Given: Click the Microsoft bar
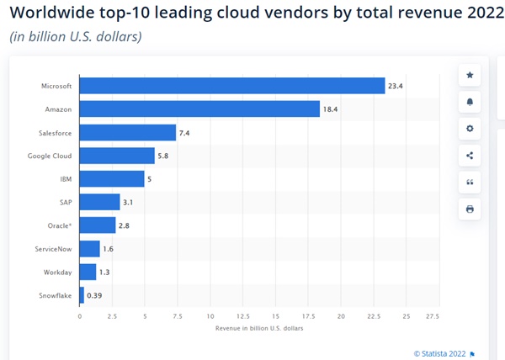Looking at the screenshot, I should (231, 86).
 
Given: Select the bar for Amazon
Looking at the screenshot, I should (199, 109).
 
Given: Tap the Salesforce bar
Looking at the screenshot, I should (127, 132).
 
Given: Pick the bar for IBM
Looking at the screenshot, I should (112, 178).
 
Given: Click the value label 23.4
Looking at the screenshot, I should (396, 86).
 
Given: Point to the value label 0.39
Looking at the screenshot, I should (94, 295).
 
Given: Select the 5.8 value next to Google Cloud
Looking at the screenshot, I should (166, 156).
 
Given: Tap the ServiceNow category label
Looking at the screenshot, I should (52, 249).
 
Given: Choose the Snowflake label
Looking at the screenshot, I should (55, 295).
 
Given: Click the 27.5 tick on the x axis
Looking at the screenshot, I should (433, 316).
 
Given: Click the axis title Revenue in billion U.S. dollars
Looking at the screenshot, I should (260, 327).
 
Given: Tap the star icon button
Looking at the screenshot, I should (470, 75).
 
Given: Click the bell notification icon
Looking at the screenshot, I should (470, 102).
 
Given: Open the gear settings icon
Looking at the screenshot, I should (470, 129).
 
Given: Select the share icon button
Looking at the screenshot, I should (470, 156).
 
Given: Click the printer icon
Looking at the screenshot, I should (470, 209).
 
